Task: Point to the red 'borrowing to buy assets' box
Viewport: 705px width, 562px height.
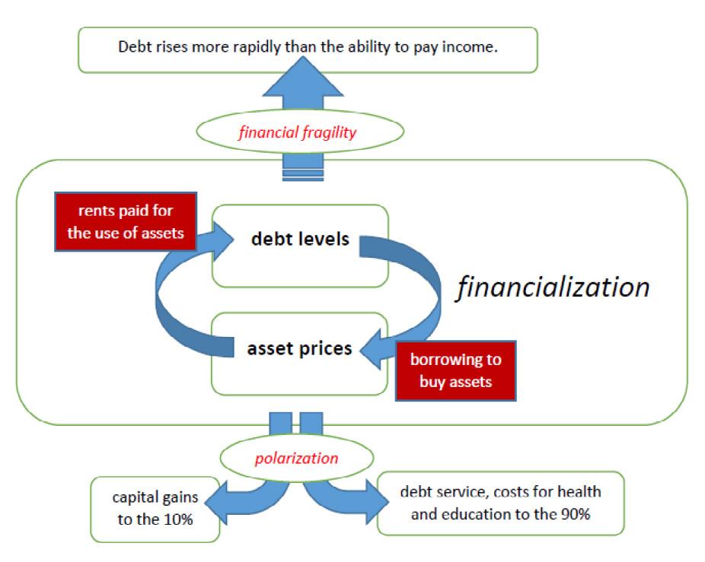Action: (455, 371)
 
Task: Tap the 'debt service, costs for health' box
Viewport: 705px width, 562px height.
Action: (501, 501)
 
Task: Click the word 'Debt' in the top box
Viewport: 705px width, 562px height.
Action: (132, 46)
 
